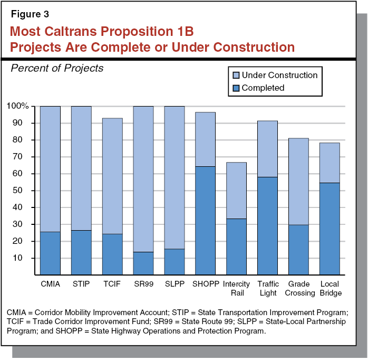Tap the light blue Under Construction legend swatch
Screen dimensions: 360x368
[234, 75]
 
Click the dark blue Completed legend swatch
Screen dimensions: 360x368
[234, 88]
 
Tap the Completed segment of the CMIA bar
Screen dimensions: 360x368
[50, 253]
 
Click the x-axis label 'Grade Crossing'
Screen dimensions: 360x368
[298, 289]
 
